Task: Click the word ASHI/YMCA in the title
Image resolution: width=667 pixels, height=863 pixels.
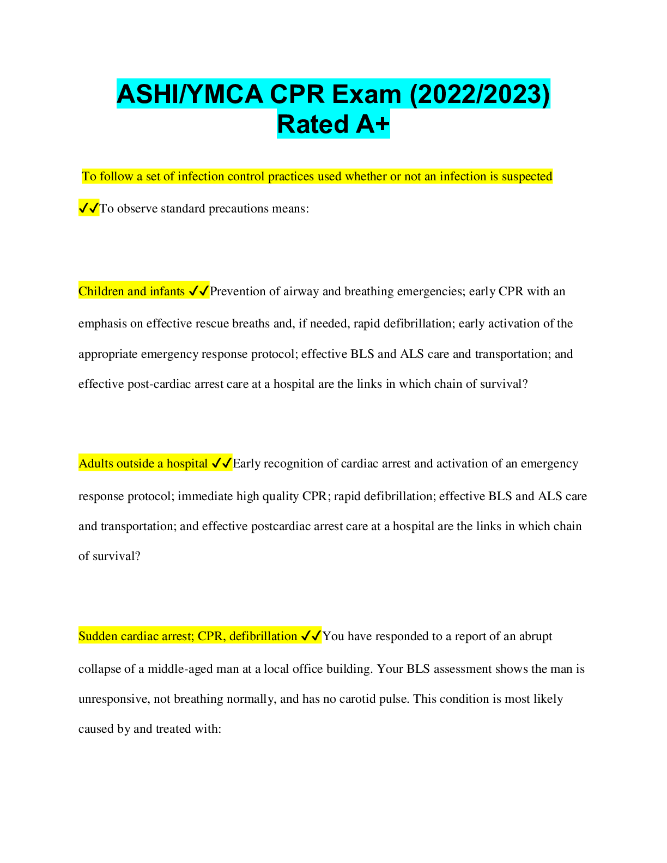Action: pyautogui.click(x=190, y=94)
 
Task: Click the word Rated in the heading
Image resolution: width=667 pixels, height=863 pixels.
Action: pyautogui.click(x=313, y=124)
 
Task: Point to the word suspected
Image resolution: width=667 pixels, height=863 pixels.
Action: pyautogui.click(x=527, y=177)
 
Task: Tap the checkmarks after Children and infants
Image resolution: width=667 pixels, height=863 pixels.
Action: pyautogui.click(x=199, y=291)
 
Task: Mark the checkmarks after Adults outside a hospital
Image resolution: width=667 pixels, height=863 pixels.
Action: pyautogui.click(x=222, y=464)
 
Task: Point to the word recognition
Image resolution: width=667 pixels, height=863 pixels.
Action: pyautogui.click(x=293, y=464)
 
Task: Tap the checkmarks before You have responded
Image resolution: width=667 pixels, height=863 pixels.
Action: pyautogui.click(x=311, y=636)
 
